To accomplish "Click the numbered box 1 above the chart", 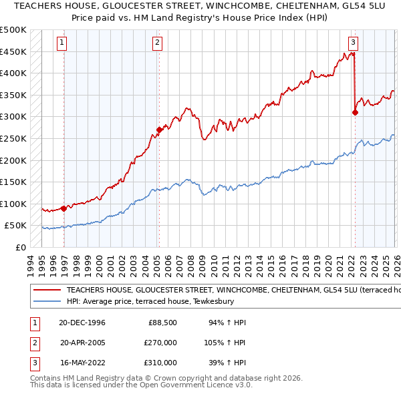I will [61, 43].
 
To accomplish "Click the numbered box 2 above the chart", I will [157, 43].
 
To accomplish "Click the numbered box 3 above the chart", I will [352, 43].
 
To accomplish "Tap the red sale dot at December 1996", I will [64, 208].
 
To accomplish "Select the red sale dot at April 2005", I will [159, 130].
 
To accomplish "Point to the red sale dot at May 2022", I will [355, 112].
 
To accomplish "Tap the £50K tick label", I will [15, 226].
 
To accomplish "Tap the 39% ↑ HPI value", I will [229, 363].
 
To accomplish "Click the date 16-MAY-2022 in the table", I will [82, 363].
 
